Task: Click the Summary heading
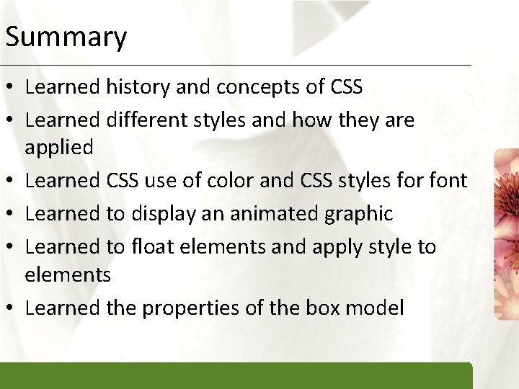point(66,37)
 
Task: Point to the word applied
point(59,148)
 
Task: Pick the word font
point(448,180)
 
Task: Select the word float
point(153,246)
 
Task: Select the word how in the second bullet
point(309,120)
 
